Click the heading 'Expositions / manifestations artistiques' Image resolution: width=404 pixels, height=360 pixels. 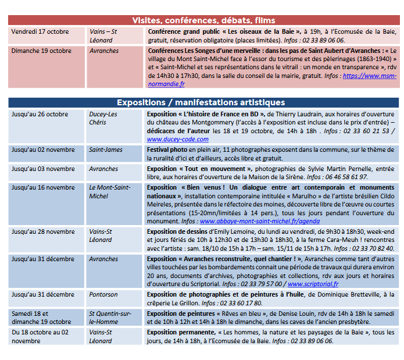click(x=203, y=102)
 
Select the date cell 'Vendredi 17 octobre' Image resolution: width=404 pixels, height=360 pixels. click(x=40, y=32)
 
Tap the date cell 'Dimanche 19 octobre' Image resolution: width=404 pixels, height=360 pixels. click(x=41, y=51)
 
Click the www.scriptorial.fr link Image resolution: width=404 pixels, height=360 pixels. click(x=313, y=284)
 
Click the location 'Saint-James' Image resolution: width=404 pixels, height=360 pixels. click(x=105, y=150)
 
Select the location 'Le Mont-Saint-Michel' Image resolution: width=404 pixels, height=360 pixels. click(x=109, y=192)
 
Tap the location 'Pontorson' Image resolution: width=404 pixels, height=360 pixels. click(x=103, y=295)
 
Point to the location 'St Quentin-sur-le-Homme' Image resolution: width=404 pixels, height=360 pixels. click(x=111, y=318)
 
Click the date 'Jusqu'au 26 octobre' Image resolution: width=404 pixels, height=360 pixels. click(x=40, y=115)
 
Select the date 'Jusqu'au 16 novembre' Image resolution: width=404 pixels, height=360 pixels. click(x=43, y=188)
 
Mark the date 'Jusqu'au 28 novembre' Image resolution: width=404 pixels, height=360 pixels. click(x=43, y=231)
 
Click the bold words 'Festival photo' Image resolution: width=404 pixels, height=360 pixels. click(x=167, y=150)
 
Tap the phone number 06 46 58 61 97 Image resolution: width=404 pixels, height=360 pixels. click(x=346, y=177)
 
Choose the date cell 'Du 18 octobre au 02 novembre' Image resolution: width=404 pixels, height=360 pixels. click(x=40, y=336)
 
